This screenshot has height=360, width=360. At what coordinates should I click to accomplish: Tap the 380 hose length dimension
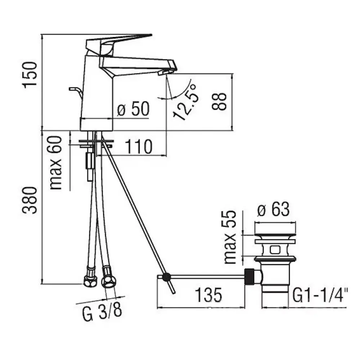30,201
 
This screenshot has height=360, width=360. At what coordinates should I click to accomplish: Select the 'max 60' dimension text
56,163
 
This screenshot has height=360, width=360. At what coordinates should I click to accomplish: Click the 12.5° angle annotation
185,102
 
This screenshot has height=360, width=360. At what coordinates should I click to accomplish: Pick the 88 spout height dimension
220,102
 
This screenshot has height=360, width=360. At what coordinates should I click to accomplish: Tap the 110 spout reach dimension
139,147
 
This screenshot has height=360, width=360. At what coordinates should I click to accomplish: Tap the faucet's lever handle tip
152,35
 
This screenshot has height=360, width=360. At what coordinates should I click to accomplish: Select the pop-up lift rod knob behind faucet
74,89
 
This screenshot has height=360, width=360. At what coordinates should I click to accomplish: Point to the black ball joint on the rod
166,277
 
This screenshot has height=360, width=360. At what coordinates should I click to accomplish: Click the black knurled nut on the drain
249,276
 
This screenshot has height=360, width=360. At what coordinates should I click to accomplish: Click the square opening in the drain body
275,249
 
